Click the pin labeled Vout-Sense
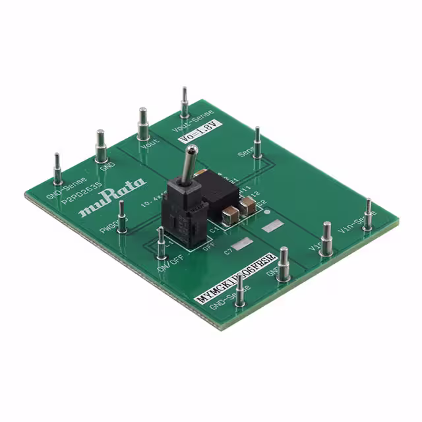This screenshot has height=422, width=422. [x=185, y=103]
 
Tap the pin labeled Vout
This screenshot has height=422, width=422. [x=142, y=123]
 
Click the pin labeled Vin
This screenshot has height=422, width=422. [x=326, y=238]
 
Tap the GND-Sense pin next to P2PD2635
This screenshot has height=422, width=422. [x=57, y=169]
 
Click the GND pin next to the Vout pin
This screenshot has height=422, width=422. [x=101, y=146]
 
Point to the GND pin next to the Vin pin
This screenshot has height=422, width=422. [x=284, y=264]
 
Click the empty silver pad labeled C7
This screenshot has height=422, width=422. [x=241, y=243]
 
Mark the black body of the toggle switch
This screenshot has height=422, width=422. [x=187, y=211]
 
